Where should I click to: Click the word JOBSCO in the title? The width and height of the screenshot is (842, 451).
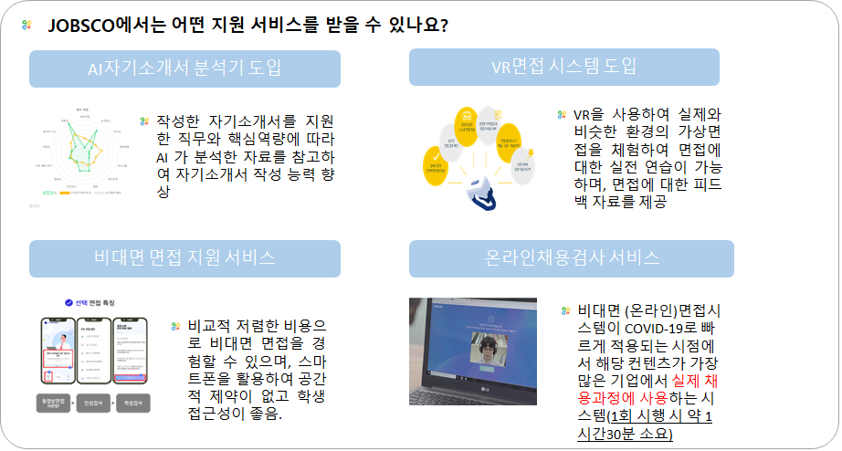pyautogui.click(x=80, y=26)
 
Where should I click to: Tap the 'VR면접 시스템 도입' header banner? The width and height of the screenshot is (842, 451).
pyautogui.click(x=563, y=68)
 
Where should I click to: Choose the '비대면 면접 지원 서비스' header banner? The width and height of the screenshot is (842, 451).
pyautogui.click(x=184, y=258)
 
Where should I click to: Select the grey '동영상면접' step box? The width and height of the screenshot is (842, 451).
pyautogui.click(x=55, y=403)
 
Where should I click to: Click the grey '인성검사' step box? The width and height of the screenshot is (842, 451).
pyautogui.click(x=96, y=403)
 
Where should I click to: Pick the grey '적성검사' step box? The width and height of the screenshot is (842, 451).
pyautogui.click(x=137, y=403)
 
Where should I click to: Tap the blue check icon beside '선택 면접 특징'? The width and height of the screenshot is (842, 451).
pyautogui.click(x=68, y=301)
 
